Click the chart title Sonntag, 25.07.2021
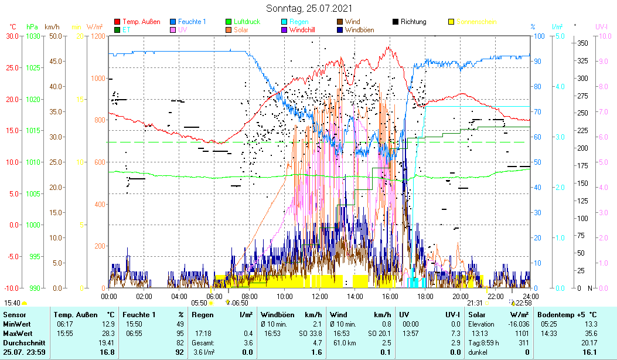pyautogui.click(x=308, y=8)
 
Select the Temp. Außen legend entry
pyautogui.click(x=141, y=22)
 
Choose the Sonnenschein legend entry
pyautogui.click(x=476, y=22)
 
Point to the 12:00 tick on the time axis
pyautogui.click(x=320, y=296)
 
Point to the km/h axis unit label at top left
pyautogui.click(x=52, y=27)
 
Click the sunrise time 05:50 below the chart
pyautogui.click(x=200, y=303)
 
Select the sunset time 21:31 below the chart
pyautogui.click(x=475, y=303)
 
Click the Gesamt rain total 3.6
pyautogui.click(x=248, y=342)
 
